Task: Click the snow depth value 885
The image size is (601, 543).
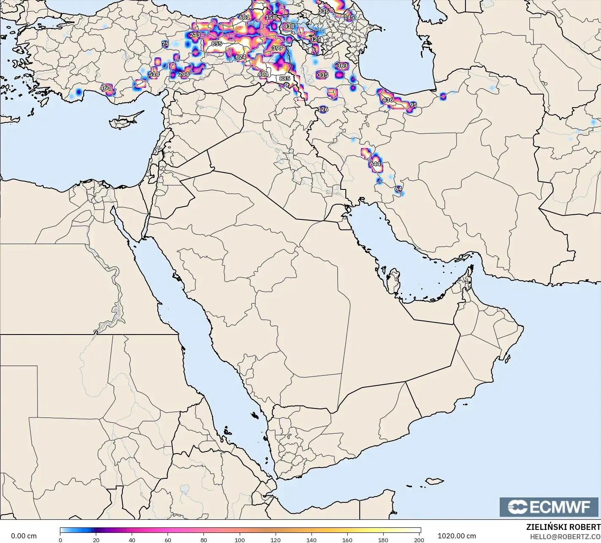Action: [x=284, y=78]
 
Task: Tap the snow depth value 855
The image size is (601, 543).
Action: [x=217, y=44]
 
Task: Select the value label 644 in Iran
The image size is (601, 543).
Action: [x=375, y=164]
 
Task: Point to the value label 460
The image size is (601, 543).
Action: [x=105, y=88]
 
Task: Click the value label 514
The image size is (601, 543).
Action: [x=154, y=75]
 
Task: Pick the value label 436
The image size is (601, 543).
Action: [x=387, y=100]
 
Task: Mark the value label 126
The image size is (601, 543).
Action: [x=323, y=109]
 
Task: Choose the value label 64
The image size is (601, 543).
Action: [x=398, y=189]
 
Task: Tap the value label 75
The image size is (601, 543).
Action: [x=165, y=44]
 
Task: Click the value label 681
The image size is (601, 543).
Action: [x=244, y=17]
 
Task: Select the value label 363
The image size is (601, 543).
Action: [x=342, y=66]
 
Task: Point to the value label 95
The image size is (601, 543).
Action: [x=413, y=105]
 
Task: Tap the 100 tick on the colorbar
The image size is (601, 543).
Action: [x=240, y=540]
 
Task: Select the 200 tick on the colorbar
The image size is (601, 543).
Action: [x=419, y=540]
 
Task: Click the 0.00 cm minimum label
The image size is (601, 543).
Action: [x=24, y=536]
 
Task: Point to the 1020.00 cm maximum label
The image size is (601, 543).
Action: [x=457, y=536]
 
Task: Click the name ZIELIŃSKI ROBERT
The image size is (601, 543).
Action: [x=563, y=527]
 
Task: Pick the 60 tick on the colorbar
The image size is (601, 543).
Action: [x=168, y=540]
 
